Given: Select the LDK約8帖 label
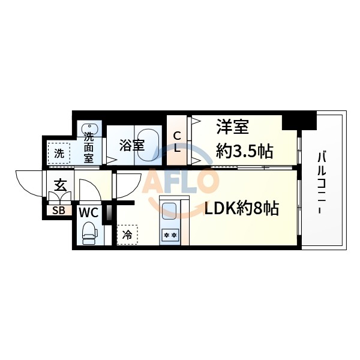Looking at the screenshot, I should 242,209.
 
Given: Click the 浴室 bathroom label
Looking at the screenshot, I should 131,145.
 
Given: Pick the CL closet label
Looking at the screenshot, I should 178,142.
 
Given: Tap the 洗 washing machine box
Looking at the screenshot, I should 59,152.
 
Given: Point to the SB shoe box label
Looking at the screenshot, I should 59,210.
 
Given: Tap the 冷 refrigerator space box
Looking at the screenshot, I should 127,235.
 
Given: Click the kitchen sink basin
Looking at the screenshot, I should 169,212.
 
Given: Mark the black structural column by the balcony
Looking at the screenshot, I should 298,121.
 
